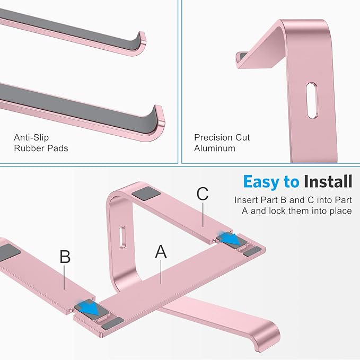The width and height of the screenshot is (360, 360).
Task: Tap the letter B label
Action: [x=65, y=257]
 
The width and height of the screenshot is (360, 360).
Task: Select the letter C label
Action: [x=203, y=194]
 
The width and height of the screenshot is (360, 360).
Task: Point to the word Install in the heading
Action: [x=328, y=182]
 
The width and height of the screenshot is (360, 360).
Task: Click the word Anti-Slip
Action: [x=32, y=138]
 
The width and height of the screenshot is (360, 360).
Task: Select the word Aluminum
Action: [x=214, y=148]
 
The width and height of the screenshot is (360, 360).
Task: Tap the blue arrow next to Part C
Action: [x=232, y=239]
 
